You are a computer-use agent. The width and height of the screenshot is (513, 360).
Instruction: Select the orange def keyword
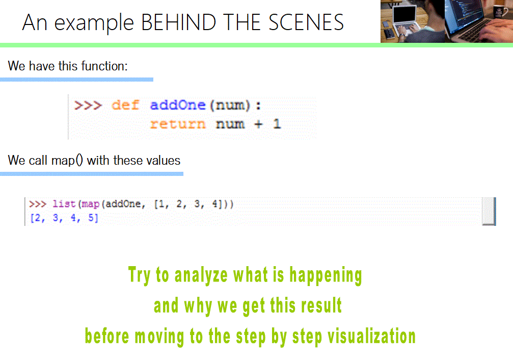point(125,106)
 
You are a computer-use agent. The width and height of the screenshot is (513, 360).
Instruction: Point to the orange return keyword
point(178,124)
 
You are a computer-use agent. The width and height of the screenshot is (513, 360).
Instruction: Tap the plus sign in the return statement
point(258,124)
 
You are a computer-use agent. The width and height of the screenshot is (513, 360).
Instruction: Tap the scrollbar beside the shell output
point(489,211)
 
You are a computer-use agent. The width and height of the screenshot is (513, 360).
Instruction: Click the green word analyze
point(201,275)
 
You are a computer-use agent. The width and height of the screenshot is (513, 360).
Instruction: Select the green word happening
point(326,275)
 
